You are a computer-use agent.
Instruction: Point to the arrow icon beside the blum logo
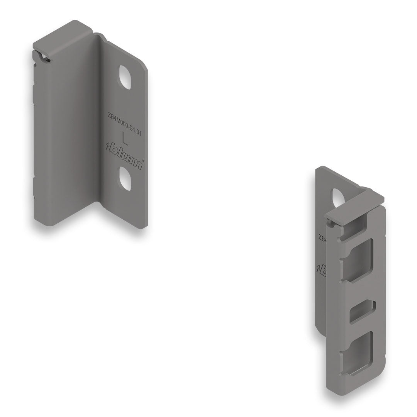coord(108,146)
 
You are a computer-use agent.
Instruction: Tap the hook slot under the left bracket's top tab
coord(43,56)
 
